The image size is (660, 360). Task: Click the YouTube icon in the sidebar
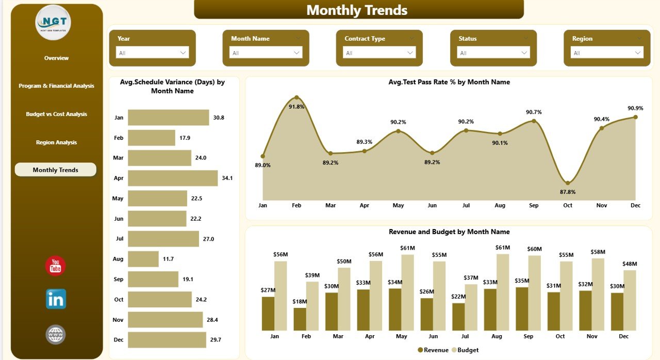(55, 266)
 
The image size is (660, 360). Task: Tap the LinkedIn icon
(56, 299)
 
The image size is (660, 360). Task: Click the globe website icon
(55, 334)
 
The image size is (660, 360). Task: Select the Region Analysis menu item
(56, 142)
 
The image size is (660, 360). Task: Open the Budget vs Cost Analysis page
(56, 114)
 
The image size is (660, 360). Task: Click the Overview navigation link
(56, 58)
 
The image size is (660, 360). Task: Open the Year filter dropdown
(152, 53)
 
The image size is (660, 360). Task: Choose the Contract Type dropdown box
(379, 53)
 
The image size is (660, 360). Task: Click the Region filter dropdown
(607, 53)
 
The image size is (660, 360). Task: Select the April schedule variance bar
(173, 178)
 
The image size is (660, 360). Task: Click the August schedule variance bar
(143, 259)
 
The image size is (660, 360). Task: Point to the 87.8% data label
(567, 192)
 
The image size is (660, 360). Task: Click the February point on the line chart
(296, 97)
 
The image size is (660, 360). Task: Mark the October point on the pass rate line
(568, 183)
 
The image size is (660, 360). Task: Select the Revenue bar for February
(300, 319)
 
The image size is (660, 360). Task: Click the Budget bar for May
(408, 292)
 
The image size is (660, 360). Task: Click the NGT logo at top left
(53, 23)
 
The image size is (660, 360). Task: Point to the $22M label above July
(458, 296)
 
